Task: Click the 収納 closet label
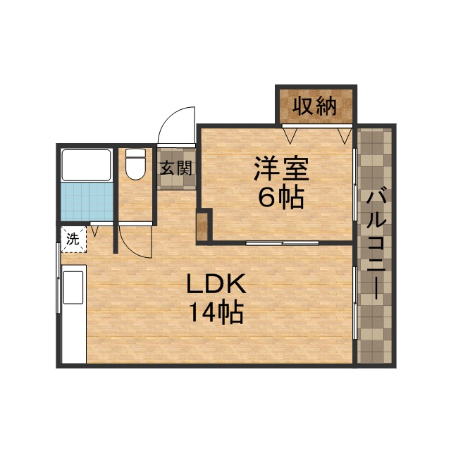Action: [314, 106]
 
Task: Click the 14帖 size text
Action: [216, 311]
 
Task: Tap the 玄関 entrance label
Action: [175, 168]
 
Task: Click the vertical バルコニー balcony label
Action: [376, 244]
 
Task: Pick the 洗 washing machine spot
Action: [72, 239]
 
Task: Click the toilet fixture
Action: [135, 163]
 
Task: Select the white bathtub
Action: [86, 164]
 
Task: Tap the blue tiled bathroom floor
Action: [86, 201]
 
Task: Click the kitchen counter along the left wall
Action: [73, 314]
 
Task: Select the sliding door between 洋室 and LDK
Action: [282, 242]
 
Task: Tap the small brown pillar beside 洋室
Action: [202, 225]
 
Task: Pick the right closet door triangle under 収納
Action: [343, 133]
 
